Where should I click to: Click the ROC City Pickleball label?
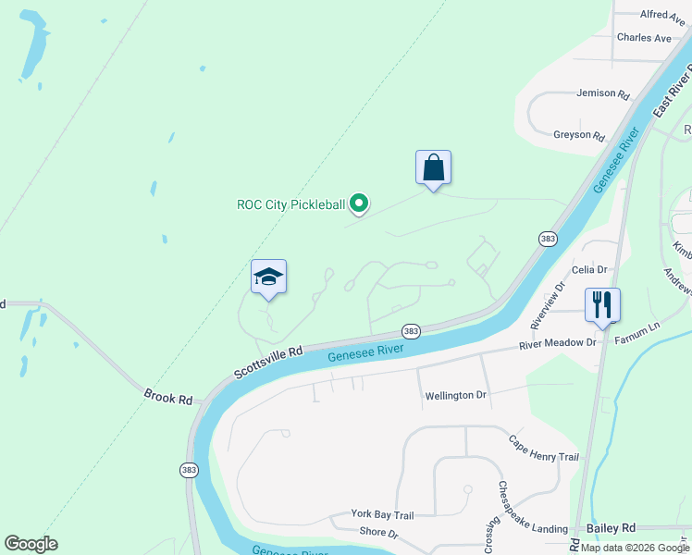tap(291, 204)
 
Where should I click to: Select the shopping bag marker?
tap(433, 168)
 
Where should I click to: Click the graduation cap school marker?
tap(268, 277)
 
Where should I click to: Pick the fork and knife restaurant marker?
tap(602, 304)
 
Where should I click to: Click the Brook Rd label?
tap(167, 398)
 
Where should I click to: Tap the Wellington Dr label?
tap(455, 396)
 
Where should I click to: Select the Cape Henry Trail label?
tap(543, 450)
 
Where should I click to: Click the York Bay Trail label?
tap(381, 514)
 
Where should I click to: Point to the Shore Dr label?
tap(378, 533)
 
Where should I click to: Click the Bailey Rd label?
tap(615, 527)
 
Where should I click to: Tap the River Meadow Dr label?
tap(558, 343)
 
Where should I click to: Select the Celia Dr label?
tap(589, 270)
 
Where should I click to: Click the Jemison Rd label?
tap(602, 94)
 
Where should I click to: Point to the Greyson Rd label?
tap(578, 135)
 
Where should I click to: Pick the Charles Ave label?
tap(644, 38)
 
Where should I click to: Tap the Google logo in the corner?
tap(31, 544)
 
